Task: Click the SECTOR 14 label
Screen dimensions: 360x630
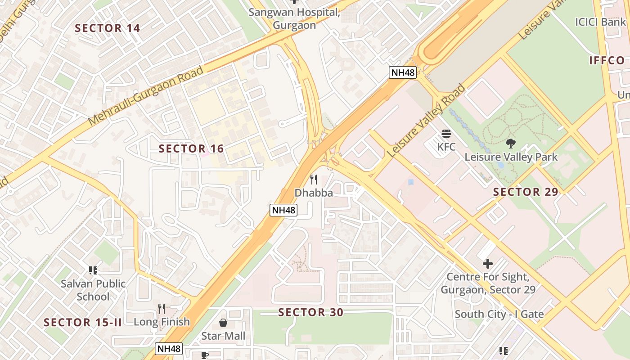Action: pos(108,28)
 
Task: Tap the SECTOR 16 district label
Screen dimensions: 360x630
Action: pos(191,148)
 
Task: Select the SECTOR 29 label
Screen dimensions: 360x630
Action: pos(526,192)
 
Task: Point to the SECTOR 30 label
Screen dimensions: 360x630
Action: pos(310,312)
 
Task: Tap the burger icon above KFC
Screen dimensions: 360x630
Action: pos(446,134)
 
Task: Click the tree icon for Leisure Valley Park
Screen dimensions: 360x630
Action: pos(511,144)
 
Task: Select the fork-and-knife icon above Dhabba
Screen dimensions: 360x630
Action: pos(314,180)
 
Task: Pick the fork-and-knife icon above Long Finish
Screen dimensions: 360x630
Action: pos(162,309)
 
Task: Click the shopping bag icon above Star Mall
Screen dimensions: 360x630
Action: pos(223,323)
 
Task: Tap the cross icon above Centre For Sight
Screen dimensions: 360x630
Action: pos(488,263)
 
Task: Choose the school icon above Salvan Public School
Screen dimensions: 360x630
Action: pos(93,270)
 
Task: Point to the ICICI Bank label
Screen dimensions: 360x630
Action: pos(600,22)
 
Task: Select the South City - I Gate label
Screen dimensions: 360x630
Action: pos(499,314)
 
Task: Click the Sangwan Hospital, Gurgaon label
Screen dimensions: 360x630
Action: pos(294,19)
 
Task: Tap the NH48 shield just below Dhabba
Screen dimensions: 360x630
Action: pos(283,210)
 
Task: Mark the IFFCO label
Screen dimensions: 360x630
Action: pos(607,60)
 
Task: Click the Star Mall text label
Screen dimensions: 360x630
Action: pos(223,336)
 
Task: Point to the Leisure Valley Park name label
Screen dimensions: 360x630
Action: pos(511,157)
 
